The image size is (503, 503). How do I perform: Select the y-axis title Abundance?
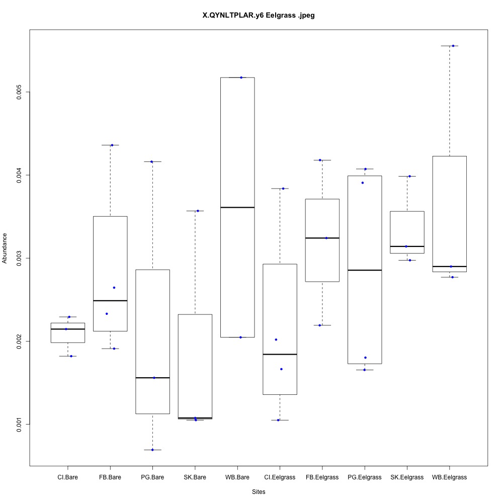(x=5, y=248)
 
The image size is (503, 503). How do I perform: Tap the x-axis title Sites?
(x=259, y=491)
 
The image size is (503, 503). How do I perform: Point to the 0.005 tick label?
(x=19, y=92)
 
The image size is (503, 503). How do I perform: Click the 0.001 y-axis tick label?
(x=19, y=425)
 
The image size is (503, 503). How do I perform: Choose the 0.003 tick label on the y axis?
(x=19, y=258)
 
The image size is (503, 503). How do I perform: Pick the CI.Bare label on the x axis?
(x=67, y=477)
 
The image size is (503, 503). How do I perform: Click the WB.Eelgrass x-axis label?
(x=449, y=477)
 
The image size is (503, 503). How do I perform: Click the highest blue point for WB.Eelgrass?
(x=453, y=46)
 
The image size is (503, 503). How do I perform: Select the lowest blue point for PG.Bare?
(x=152, y=450)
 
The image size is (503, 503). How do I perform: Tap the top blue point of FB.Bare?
(x=112, y=145)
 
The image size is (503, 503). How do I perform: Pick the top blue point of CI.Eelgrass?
(x=283, y=189)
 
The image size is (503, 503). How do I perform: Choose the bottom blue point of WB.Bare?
(x=240, y=337)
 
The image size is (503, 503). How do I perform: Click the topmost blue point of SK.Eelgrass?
(x=409, y=176)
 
